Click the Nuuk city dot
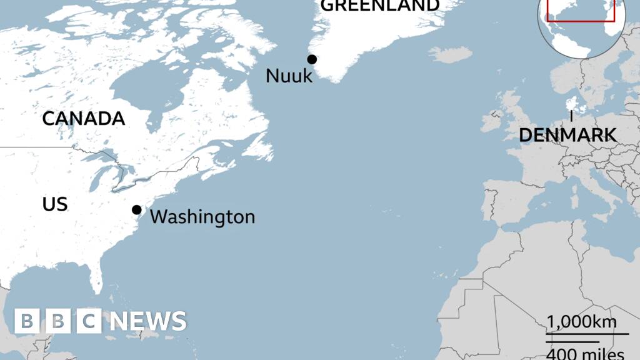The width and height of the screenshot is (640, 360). pos(312,59)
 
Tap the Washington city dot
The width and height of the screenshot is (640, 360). pos(136,209)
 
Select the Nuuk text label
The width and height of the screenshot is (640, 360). pos(289,76)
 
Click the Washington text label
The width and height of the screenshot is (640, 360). pos(202,217)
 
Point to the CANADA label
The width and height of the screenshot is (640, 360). pos(84,119)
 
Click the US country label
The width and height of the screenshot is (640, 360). pos(55,204)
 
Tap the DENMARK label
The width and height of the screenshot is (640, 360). pos(567,134)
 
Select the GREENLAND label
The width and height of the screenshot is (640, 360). pos(380,6)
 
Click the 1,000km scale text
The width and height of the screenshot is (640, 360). pos(582,322)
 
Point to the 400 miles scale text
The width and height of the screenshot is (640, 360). pos(586,354)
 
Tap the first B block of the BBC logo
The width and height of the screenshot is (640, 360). pos(27,321)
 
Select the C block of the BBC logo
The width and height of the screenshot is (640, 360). pos(89,321)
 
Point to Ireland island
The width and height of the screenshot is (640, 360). pos(493,122)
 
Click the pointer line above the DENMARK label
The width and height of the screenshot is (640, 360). pos(571,116)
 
